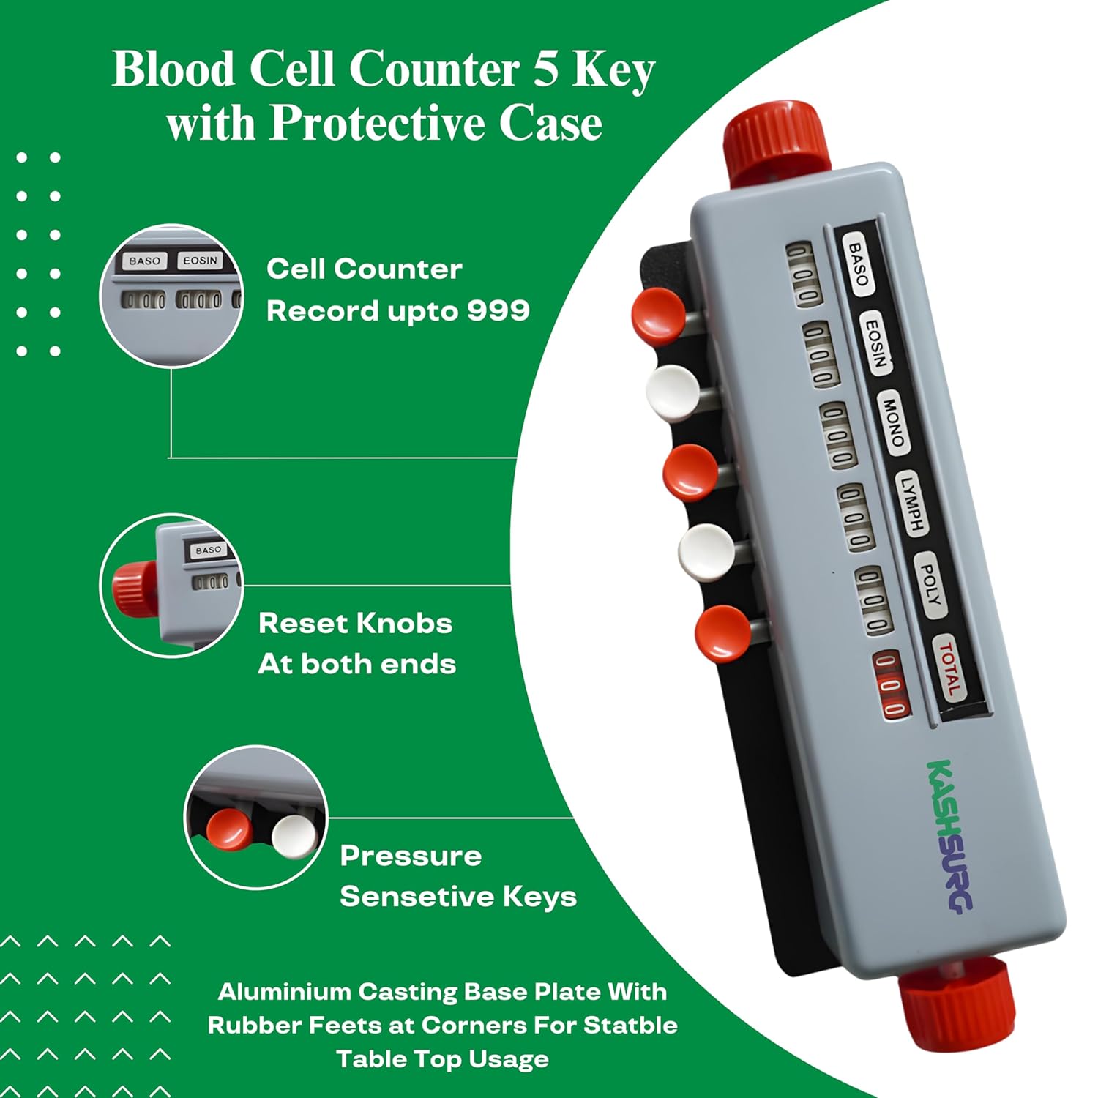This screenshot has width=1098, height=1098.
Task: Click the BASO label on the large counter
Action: tap(857, 264)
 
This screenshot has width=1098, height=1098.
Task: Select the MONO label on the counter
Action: tap(892, 422)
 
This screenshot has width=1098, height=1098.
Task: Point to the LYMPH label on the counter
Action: tap(911, 503)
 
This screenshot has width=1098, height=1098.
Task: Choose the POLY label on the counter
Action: tap(929, 584)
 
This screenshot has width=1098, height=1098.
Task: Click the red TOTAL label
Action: tap(949, 668)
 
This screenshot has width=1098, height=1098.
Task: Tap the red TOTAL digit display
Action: tap(892, 684)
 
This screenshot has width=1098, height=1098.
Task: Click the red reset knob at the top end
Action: tap(774, 143)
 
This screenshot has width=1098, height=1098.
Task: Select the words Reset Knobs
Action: tap(355, 624)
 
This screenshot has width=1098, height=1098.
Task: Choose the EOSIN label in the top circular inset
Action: tap(200, 261)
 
